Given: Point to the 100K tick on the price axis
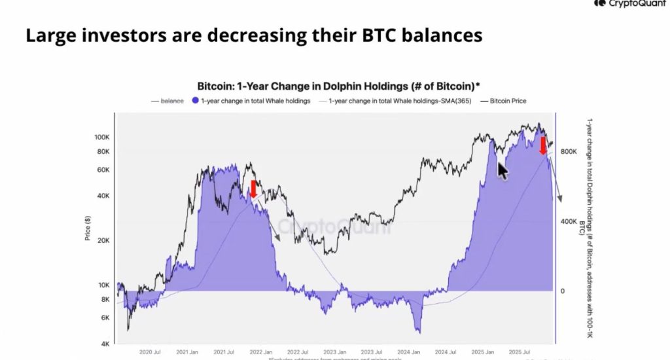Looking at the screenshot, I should [x=102, y=137].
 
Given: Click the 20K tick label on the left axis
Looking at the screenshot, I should [x=104, y=240].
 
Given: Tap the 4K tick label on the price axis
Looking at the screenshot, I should [x=105, y=344].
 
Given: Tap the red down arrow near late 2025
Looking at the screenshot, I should [x=543, y=145].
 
